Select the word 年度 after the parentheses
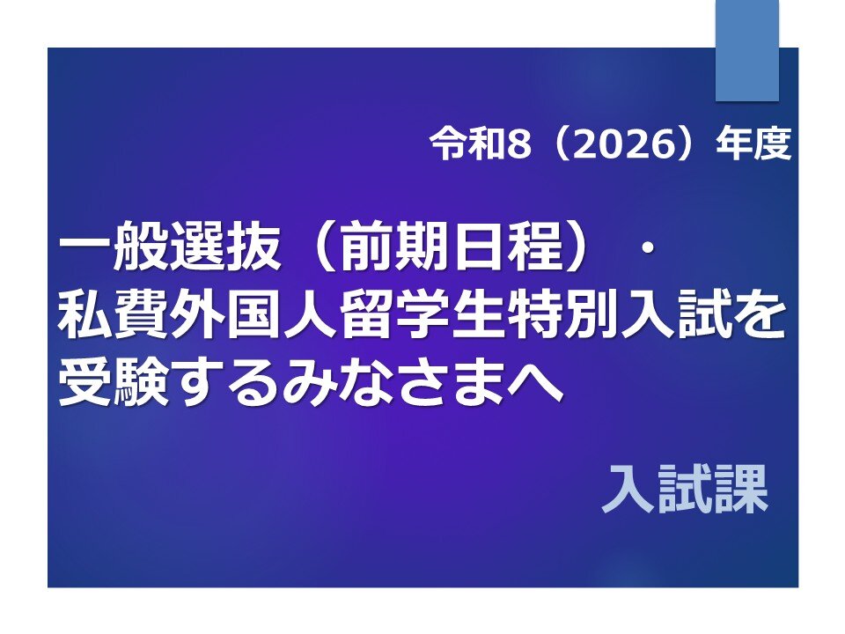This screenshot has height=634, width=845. point(753,144)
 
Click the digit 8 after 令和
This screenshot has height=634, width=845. point(518,144)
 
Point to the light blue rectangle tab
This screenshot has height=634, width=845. point(747,50)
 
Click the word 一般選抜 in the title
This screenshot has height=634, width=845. point(170,247)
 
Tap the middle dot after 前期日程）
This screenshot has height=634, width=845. point(647,248)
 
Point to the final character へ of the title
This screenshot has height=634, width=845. point(534,384)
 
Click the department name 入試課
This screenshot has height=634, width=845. point(685,489)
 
